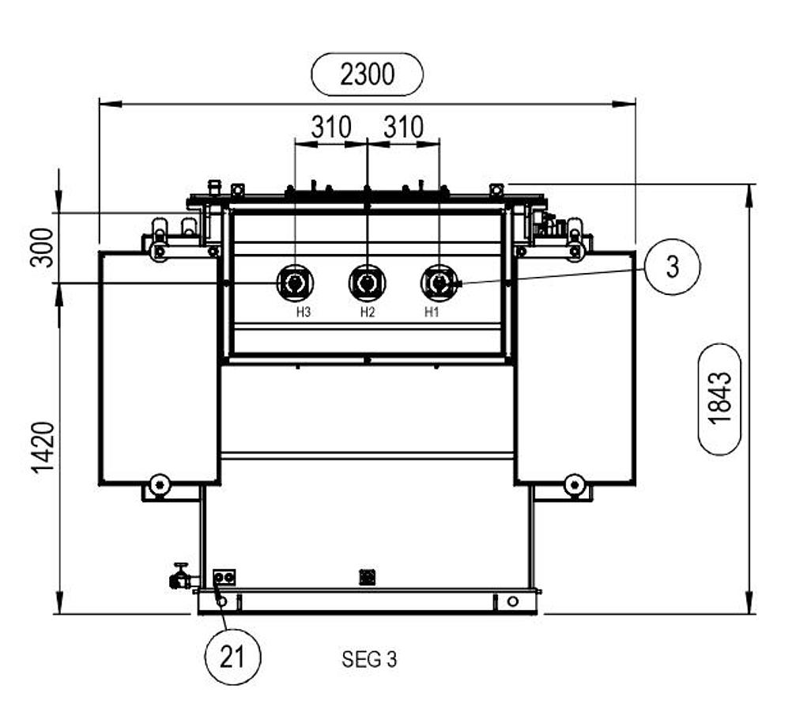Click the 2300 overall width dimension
pyautogui.click(x=368, y=74)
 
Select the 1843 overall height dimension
pyautogui.click(x=719, y=398)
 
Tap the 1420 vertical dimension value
pyautogui.click(x=44, y=448)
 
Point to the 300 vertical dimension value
pyautogui.click(x=43, y=248)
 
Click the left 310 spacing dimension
pyautogui.click(x=330, y=127)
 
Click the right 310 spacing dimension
pyautogui.click(x=403, y=127)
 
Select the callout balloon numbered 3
pyautogui.click(x=672, y=267)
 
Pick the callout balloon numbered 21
pyautogui.click(x=232, y=657)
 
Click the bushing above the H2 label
pyautogui.click(x=367, y=282)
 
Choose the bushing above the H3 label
pyautogui.click(x=294, y=282)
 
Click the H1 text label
pyautogui.click(x=432, y=312)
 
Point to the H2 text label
pyautogui.click(x=367, y=312)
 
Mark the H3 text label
pyautogui.click(x=304, y=312)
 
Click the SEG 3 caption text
pyautogui.click(x=369, y=659)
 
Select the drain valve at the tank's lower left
pyautogui.click(x=181, y=578)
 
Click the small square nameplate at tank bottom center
pyautogui.click(x=367, y=577)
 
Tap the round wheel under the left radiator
pyautogui.click(x=160, y=483)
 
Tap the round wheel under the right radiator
pyautogui.click(x=574, y=483)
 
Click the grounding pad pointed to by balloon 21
pyautogui.click(x=224, y=578)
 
